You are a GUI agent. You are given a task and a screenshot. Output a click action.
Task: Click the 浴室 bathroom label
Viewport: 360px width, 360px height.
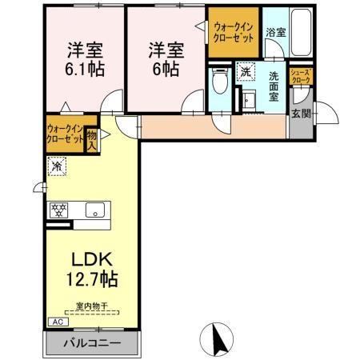tap(275, 34)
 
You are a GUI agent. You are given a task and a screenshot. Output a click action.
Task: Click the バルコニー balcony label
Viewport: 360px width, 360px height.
tap(94, 342)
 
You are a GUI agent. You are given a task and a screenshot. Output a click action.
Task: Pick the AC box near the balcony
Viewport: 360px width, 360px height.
tap(57, 322)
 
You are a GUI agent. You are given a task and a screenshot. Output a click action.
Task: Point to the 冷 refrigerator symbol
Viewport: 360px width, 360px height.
tap(58, 167)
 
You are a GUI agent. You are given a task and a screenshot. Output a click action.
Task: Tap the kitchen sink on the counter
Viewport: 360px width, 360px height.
tap(94, 211)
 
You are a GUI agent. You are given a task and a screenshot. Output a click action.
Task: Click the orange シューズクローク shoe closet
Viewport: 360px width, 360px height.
tap(301, 77)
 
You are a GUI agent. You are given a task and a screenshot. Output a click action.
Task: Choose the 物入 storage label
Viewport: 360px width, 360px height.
tap(91, 141)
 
